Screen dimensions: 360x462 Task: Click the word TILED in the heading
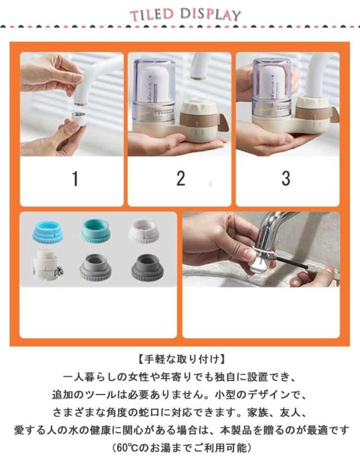151,15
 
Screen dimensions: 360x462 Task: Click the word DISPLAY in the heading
210,14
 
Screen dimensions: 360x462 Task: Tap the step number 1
75,179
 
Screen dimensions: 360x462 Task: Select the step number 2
181,178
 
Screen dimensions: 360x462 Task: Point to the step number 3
286,178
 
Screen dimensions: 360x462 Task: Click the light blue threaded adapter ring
48,232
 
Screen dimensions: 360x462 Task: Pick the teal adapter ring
96,230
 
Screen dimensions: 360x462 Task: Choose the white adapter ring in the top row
144,232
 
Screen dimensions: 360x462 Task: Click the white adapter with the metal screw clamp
47,265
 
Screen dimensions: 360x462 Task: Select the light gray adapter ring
96,268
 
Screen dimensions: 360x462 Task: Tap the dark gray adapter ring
147,267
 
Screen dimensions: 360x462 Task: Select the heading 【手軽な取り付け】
180,359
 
